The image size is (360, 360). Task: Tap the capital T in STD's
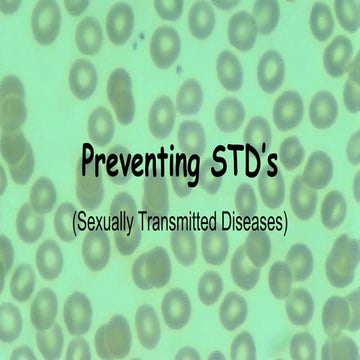236,159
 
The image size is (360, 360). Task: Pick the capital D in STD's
254,159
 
